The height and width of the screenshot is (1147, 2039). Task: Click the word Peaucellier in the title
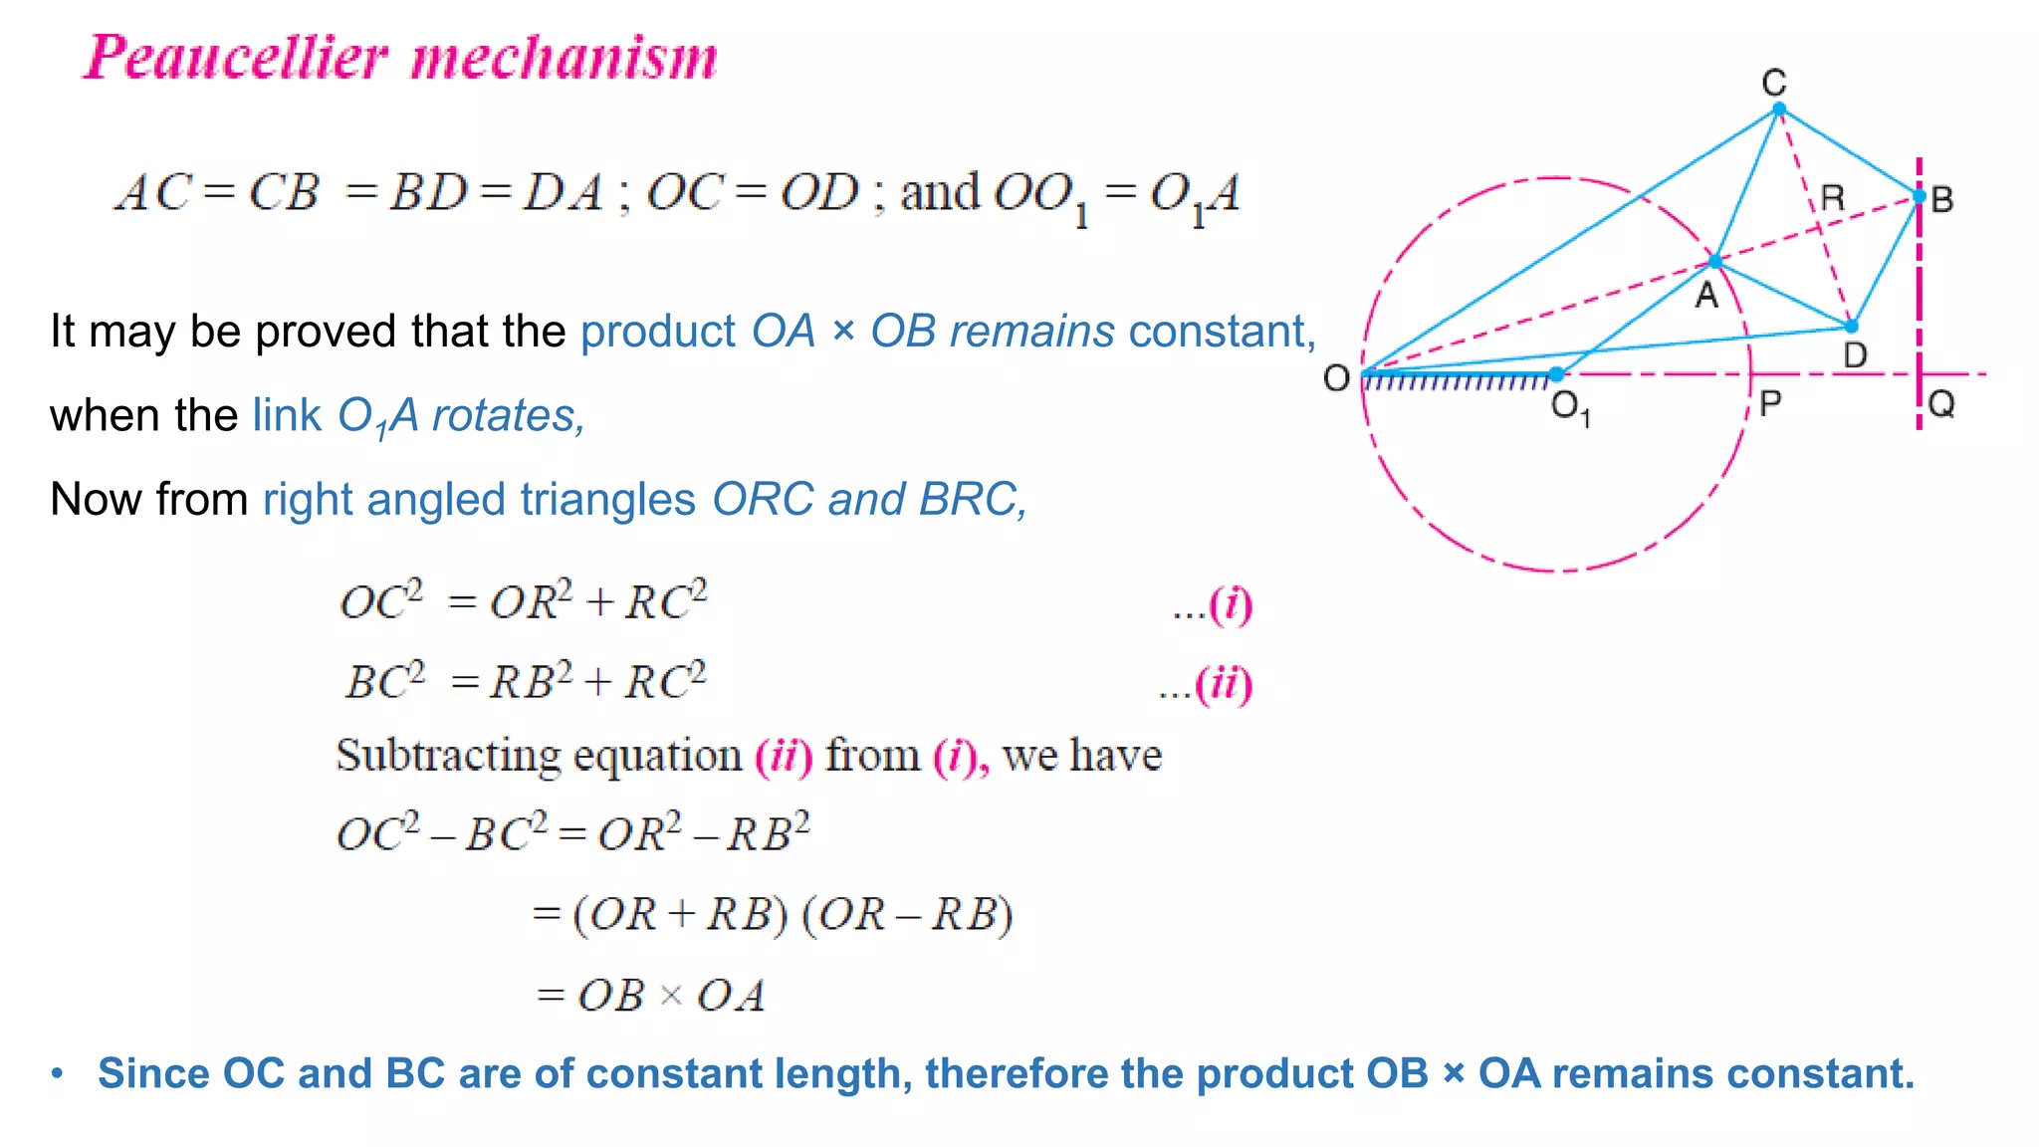[235, 57]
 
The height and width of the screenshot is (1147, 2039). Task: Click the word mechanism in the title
[564, 58]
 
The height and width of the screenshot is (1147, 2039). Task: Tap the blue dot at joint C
[1779, 109]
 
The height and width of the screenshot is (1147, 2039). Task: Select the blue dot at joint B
[1919, 196]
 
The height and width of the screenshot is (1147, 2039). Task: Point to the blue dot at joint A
[1714, 262]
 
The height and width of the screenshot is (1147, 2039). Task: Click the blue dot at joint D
[1851, 326]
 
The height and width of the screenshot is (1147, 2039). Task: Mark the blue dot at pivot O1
[1557, 374]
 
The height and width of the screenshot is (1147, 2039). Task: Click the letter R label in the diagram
[1832, 197]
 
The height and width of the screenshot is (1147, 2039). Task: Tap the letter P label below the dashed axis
[1769, 403]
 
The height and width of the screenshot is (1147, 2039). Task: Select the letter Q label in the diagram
[1941, 403]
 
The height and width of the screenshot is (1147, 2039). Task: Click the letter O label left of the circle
[1336, 378]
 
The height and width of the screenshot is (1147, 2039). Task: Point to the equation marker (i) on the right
[1231, 604]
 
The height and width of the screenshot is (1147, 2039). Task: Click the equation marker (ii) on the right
[1223, 685]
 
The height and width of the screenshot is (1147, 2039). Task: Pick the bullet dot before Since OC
[58, 1073]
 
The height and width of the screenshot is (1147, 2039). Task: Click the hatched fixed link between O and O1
[1456, 380]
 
